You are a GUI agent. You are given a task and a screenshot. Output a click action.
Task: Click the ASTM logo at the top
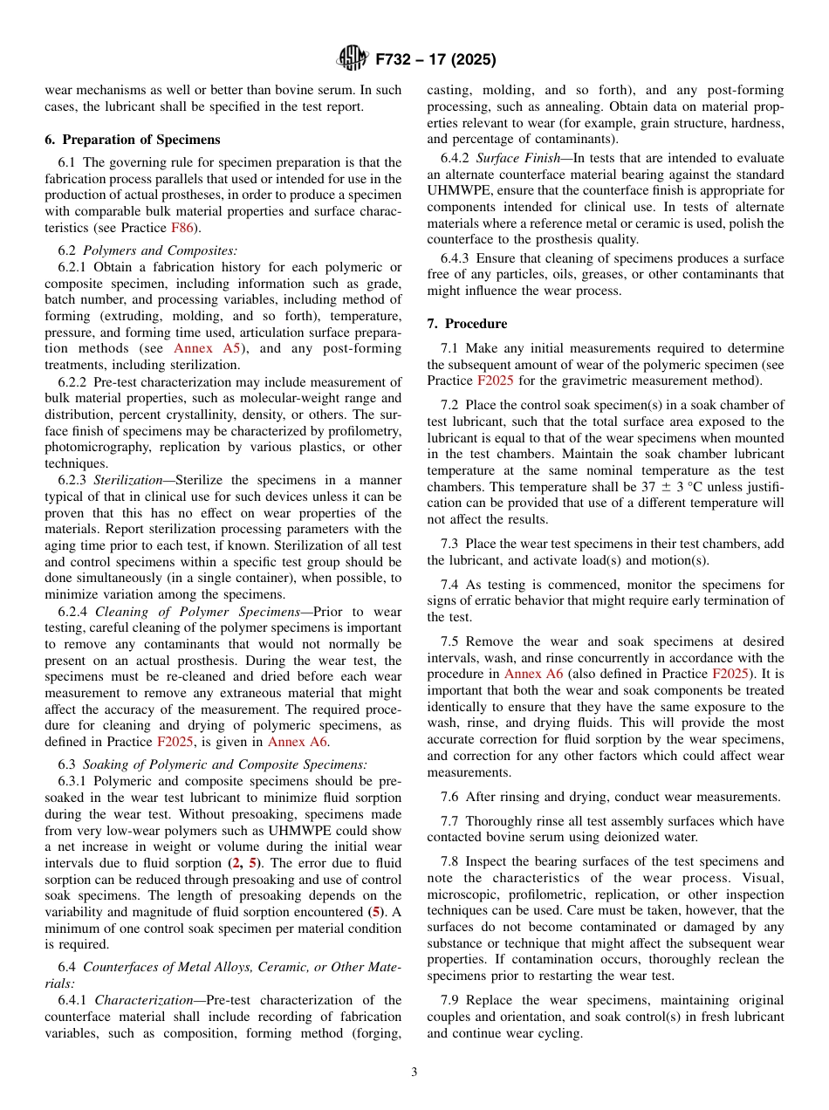pos(353,59)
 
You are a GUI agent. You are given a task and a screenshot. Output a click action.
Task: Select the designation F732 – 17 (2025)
pos(435,60)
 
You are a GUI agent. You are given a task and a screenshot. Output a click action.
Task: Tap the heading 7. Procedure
pos(467,324)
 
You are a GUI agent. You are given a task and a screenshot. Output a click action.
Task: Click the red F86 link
pos(182,228)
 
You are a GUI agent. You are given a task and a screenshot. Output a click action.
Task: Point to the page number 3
pos(414,1072)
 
